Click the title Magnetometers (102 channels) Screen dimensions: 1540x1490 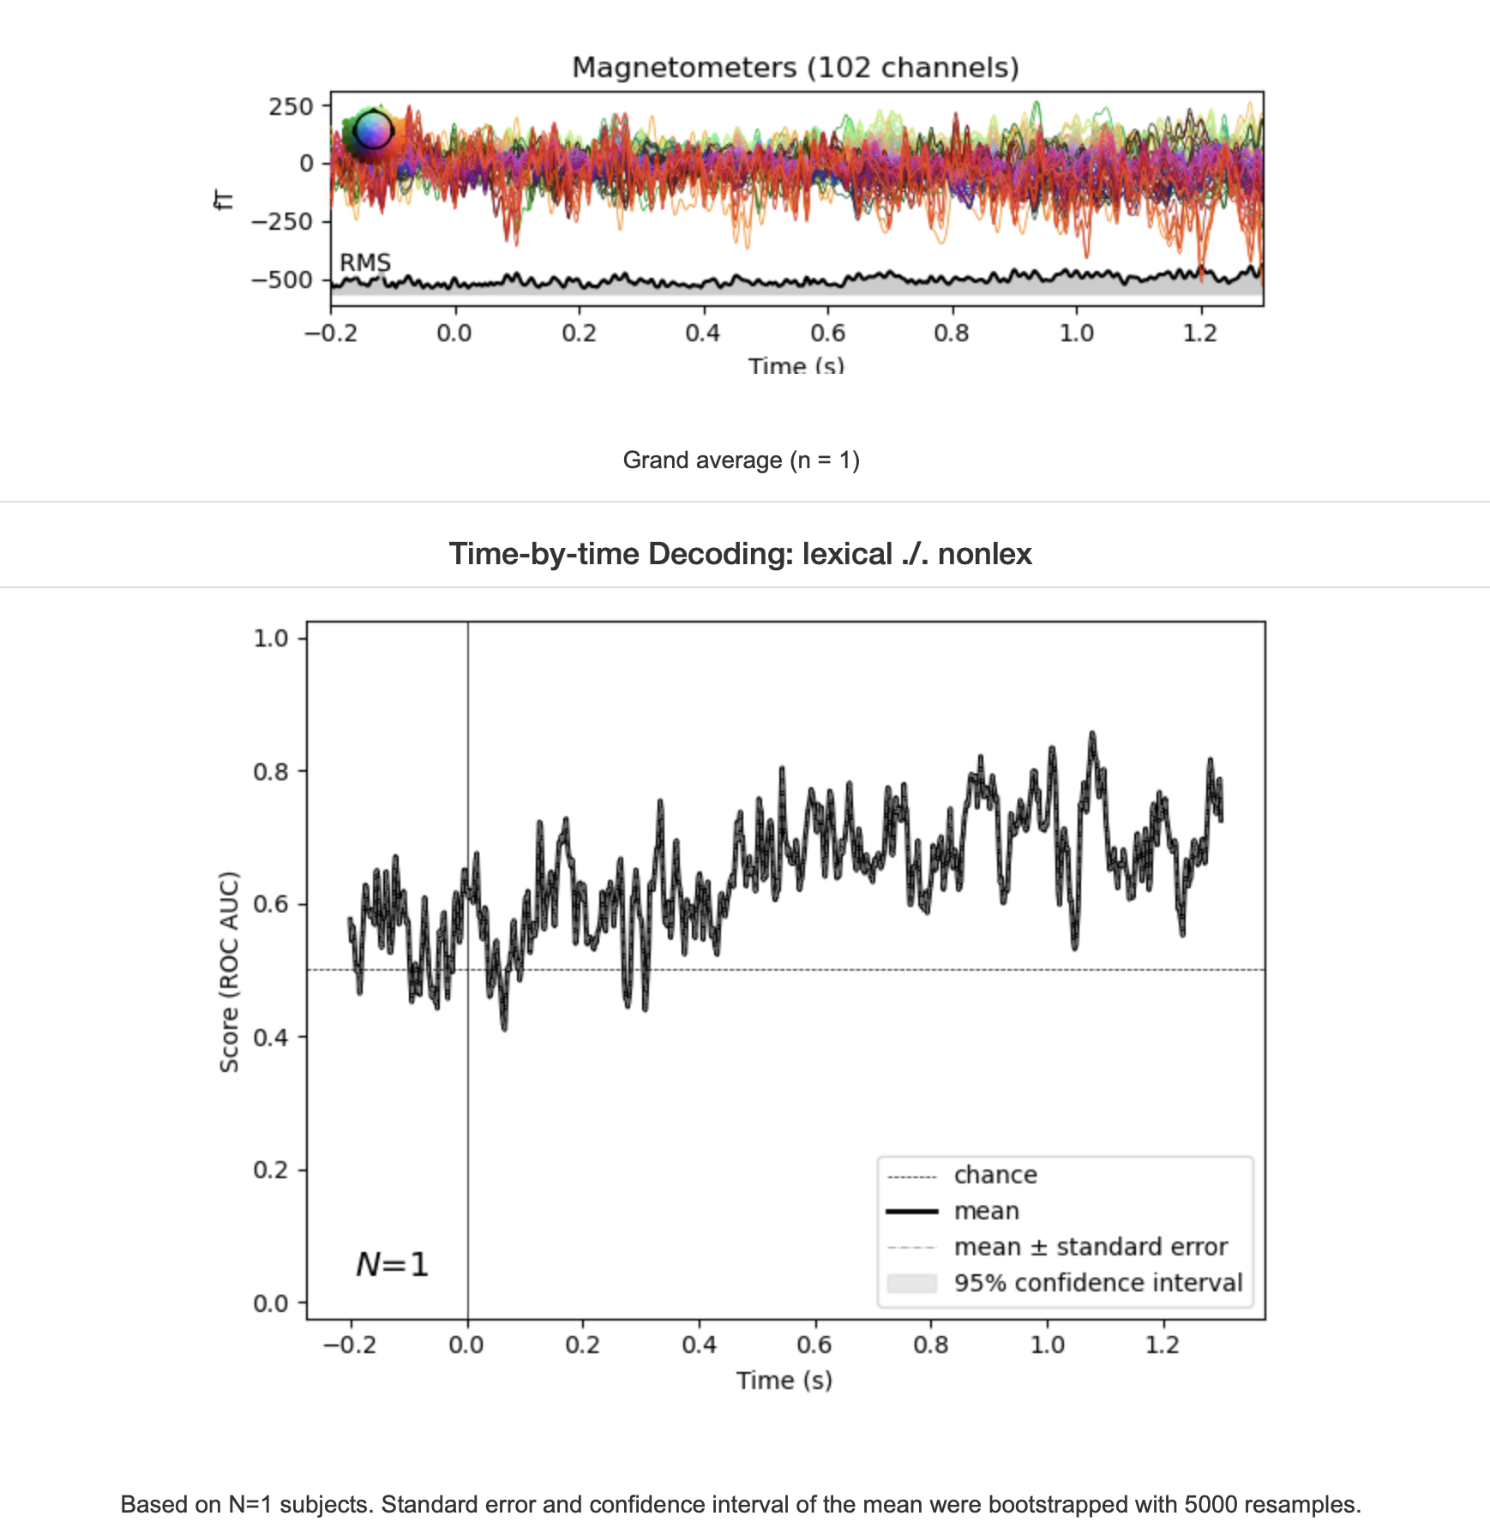click(795, 68)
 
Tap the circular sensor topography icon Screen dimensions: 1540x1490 click(373, 131)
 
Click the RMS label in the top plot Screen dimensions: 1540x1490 click(365, 262)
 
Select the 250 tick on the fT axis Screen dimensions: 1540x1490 click(291, 107)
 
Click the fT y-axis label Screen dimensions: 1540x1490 click(223, 201)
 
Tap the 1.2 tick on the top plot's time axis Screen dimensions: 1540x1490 click(1200, 334)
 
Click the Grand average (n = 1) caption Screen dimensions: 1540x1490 click(741, 460)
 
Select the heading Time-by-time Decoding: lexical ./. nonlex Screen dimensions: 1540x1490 click(740, 554)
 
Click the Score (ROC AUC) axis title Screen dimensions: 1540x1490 click(229, 972)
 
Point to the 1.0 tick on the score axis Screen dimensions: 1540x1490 click(270, 639)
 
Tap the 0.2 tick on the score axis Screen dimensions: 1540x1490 click(270, 1170)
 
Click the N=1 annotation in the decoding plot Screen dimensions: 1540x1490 click(392, 1265)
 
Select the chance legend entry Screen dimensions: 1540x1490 click(994, 1175)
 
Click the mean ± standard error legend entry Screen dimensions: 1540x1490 click(1090, 1247)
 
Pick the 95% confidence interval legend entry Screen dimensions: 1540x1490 click(1097, 1283)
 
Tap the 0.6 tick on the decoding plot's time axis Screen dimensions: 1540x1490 click(814, 1344)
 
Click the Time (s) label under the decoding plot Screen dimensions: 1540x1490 click(784, 1381)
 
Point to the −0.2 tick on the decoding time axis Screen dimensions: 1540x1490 click(350, 1344)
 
